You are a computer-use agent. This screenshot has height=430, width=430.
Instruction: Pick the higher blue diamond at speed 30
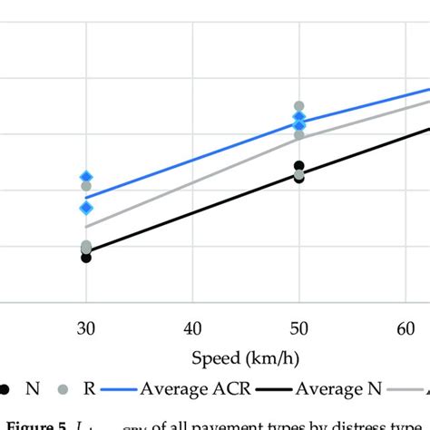pyautogui.click(x=86, y=177)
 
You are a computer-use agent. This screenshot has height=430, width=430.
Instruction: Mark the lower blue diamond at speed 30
pyautogui.click(x=86, y=208)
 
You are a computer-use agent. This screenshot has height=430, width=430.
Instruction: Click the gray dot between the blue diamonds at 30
pyautogui.click(x=86, y=186)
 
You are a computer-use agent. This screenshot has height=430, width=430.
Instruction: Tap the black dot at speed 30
pyautogui.click(x=86, y=258)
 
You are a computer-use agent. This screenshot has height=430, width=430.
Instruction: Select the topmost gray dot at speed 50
pyautogui.click(x=298, y=106)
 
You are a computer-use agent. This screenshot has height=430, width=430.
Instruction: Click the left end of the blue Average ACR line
pyautogui.click(x=86, y=197)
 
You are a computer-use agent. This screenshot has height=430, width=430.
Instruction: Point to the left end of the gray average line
pyautogui.click(x=86, y=227)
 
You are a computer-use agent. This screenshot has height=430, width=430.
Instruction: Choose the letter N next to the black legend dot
pyautogui.click(x=33, y=388)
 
